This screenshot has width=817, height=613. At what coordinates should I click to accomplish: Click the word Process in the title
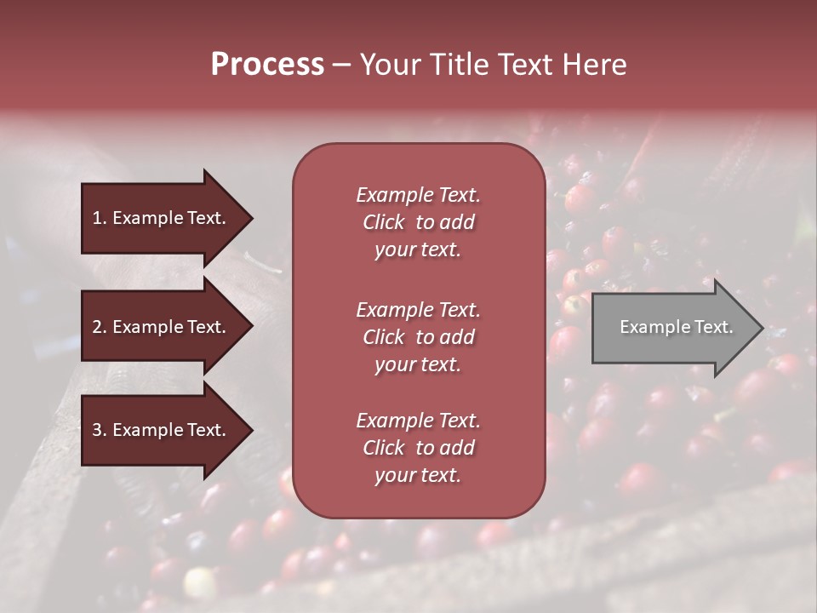click(267, 65)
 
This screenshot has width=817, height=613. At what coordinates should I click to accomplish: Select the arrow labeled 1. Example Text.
click(160, 218)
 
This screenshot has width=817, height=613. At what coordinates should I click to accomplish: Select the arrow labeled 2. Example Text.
click(160, 327)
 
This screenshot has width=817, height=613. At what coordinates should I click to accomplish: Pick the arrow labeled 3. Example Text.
click(160, 430)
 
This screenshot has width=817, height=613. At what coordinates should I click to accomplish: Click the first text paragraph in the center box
click(418, 222)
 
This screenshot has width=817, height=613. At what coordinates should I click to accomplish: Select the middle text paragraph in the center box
click(418, 337)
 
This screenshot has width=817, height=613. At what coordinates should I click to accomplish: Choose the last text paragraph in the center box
click(418, 448)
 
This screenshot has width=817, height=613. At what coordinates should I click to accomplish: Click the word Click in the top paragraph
click(383, 222)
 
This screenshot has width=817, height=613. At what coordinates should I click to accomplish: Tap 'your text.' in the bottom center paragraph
click(418, 475)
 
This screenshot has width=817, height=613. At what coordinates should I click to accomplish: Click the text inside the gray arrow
click(676, 327)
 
